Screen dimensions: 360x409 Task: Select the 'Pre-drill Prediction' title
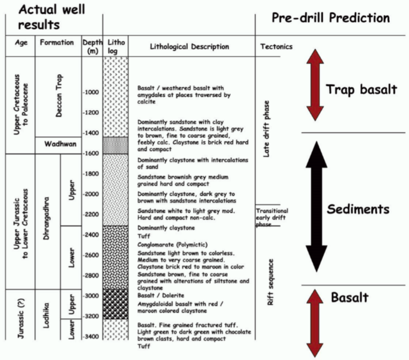point(330,18)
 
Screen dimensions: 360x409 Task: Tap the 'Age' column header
point(21,42)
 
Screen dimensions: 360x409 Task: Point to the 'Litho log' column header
point(116,46)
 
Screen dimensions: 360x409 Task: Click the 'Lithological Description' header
point(189,47)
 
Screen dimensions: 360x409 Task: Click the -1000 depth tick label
point(92,93)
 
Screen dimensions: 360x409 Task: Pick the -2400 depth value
point(92,235)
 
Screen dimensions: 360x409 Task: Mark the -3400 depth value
point(92,336)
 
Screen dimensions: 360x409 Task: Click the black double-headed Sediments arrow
point(316,207)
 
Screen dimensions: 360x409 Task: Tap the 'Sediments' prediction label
point(358,209)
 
